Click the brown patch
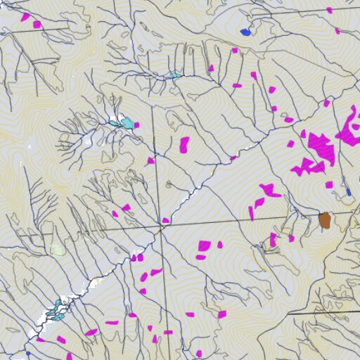coord(324,220)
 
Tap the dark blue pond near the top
coord(245,32)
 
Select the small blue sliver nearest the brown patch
coord(348,191)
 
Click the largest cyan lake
coord(127,124)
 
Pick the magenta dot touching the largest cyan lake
coord(136,125)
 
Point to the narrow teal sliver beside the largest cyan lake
coord(114,123)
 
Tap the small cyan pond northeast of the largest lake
coord(173,75)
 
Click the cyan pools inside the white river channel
coord(56,307)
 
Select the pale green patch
coord(56,249)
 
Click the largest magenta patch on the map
coord(321,143)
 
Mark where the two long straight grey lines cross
coord(161,228)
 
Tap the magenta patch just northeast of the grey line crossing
coord(166,221)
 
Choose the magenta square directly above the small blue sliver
coord(329,185)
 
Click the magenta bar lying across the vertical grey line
coord(168,332)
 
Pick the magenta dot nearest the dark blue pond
coord(235,51)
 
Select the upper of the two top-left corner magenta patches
coord(26,16)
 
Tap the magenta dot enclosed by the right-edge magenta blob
coord(356,127)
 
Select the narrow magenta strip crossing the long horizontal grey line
coord(252,212)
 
